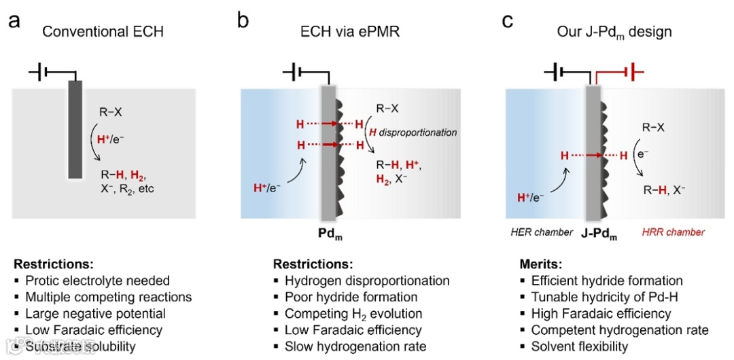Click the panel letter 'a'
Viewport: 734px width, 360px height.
14,21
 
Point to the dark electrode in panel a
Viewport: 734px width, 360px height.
75,129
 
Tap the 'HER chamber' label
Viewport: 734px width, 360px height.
542,232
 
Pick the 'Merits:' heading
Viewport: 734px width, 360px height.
538,263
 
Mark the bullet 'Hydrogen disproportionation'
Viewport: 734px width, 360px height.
367,280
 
